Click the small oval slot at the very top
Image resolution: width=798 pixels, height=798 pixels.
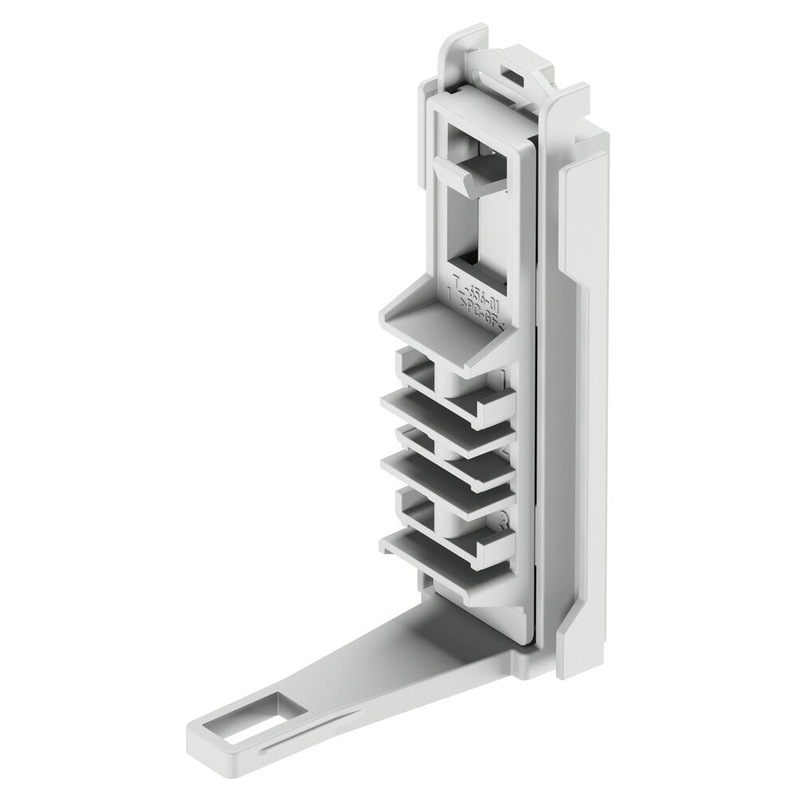pyautogui.click(x=512, y=71)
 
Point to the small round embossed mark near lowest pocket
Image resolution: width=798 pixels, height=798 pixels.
pyautogui.click(x=502, y=523)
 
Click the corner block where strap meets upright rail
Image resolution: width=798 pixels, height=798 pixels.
pyautogui.click(x=519, y=662)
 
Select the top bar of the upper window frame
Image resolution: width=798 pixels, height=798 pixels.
pyautogui.click(x=479, y=108)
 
